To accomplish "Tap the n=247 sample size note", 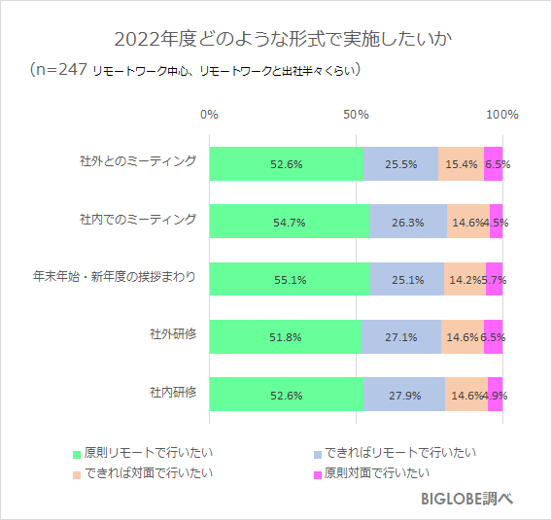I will [195, 70].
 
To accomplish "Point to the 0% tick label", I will [209, 114].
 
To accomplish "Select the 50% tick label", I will [356, 114].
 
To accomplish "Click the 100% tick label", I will [501, 114].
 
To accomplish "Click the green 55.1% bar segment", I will [290, 280].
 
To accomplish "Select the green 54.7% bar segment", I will [289, 223].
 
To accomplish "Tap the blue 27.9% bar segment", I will [403, 396].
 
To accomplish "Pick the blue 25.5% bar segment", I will [400, 164].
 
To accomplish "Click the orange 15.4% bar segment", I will [461, 164].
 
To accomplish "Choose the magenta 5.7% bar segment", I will [494, 280].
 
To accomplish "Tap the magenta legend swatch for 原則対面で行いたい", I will [317, 475].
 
